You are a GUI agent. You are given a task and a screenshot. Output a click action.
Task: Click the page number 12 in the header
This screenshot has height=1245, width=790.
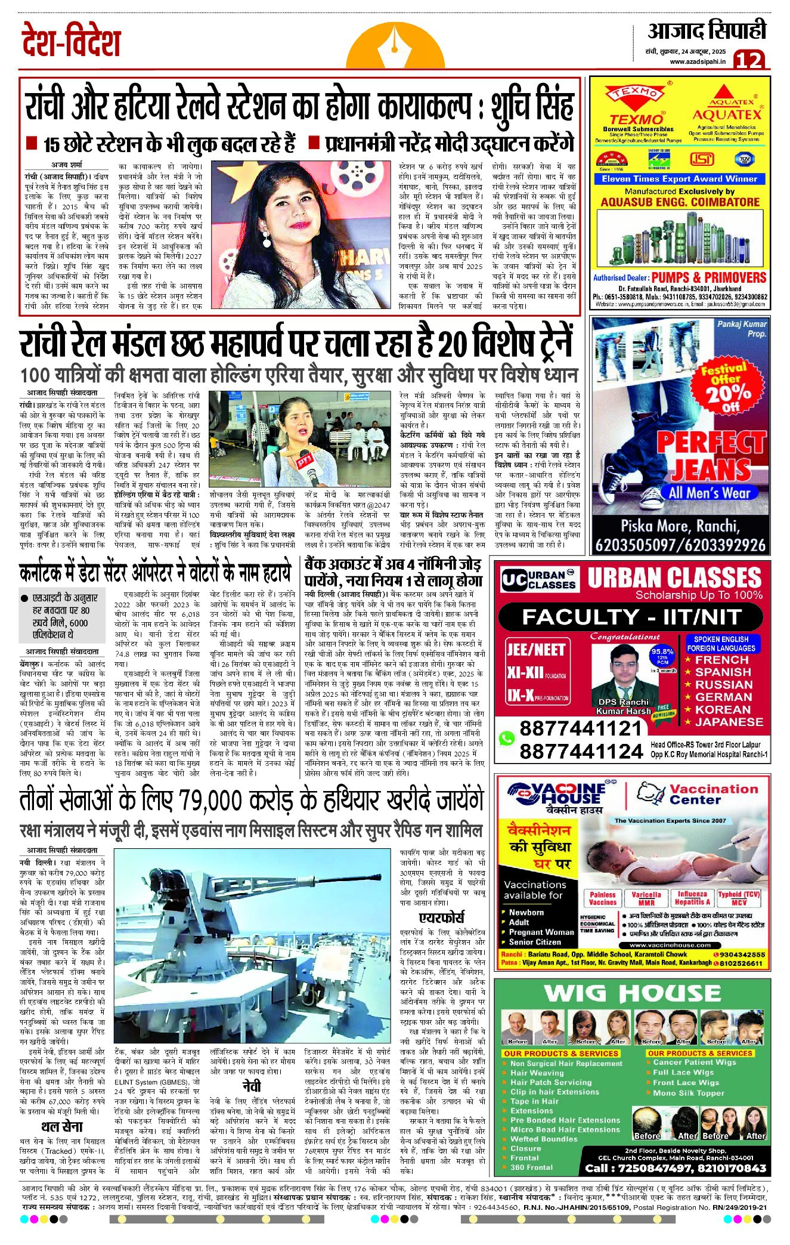[748, 60]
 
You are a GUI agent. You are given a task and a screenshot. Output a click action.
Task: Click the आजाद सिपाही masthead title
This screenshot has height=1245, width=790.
[707, 31]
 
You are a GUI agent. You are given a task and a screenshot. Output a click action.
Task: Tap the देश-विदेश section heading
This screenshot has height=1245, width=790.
[71, 41]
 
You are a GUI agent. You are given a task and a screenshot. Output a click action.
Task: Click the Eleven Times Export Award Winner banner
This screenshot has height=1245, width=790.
[679, 179]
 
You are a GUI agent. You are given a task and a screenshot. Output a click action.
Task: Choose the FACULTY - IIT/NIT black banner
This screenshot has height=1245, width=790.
[631, 617]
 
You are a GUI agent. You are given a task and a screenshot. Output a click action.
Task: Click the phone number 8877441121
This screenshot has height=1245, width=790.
[572, 728]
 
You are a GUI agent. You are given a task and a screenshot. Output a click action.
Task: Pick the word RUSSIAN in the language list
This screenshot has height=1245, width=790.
[723, 685]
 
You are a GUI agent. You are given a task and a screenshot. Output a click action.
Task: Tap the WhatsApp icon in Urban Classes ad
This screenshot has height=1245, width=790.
[507, 739]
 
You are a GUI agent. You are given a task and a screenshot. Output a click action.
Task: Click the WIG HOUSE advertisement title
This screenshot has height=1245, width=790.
[632, 993]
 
